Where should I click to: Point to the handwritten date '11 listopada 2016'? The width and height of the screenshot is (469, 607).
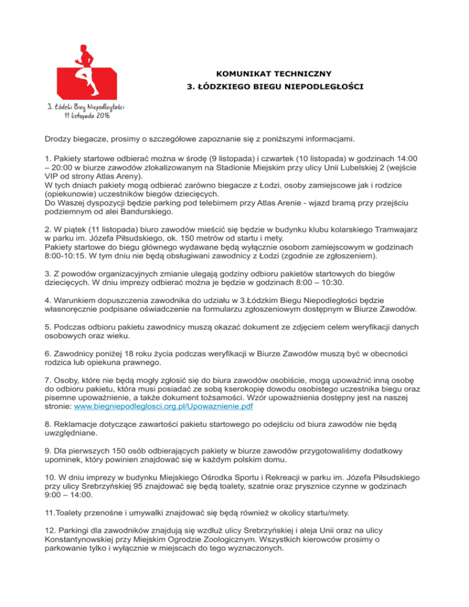click(x=87, y=115)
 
